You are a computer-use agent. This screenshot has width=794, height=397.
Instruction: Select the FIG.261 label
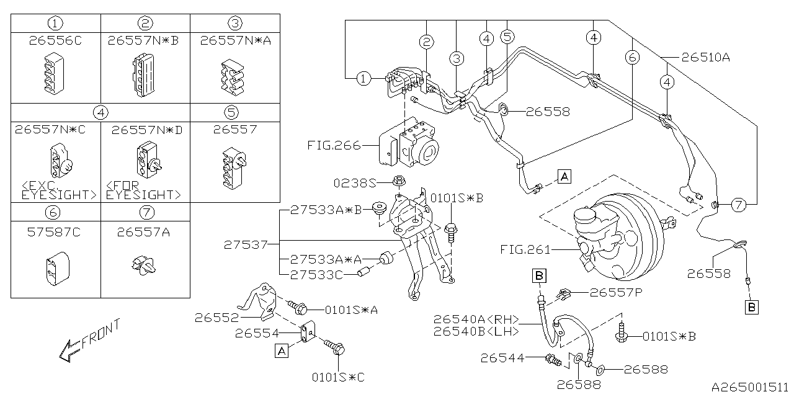525,249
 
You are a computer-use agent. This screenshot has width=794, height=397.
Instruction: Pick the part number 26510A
705,58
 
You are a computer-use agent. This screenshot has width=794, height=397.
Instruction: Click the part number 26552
216,317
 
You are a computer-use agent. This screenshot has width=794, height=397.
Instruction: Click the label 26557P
614,292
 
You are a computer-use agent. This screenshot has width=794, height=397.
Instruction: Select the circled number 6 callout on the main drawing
631,58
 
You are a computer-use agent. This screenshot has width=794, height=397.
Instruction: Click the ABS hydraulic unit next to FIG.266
409,146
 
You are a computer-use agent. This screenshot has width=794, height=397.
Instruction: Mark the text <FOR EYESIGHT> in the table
144,190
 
